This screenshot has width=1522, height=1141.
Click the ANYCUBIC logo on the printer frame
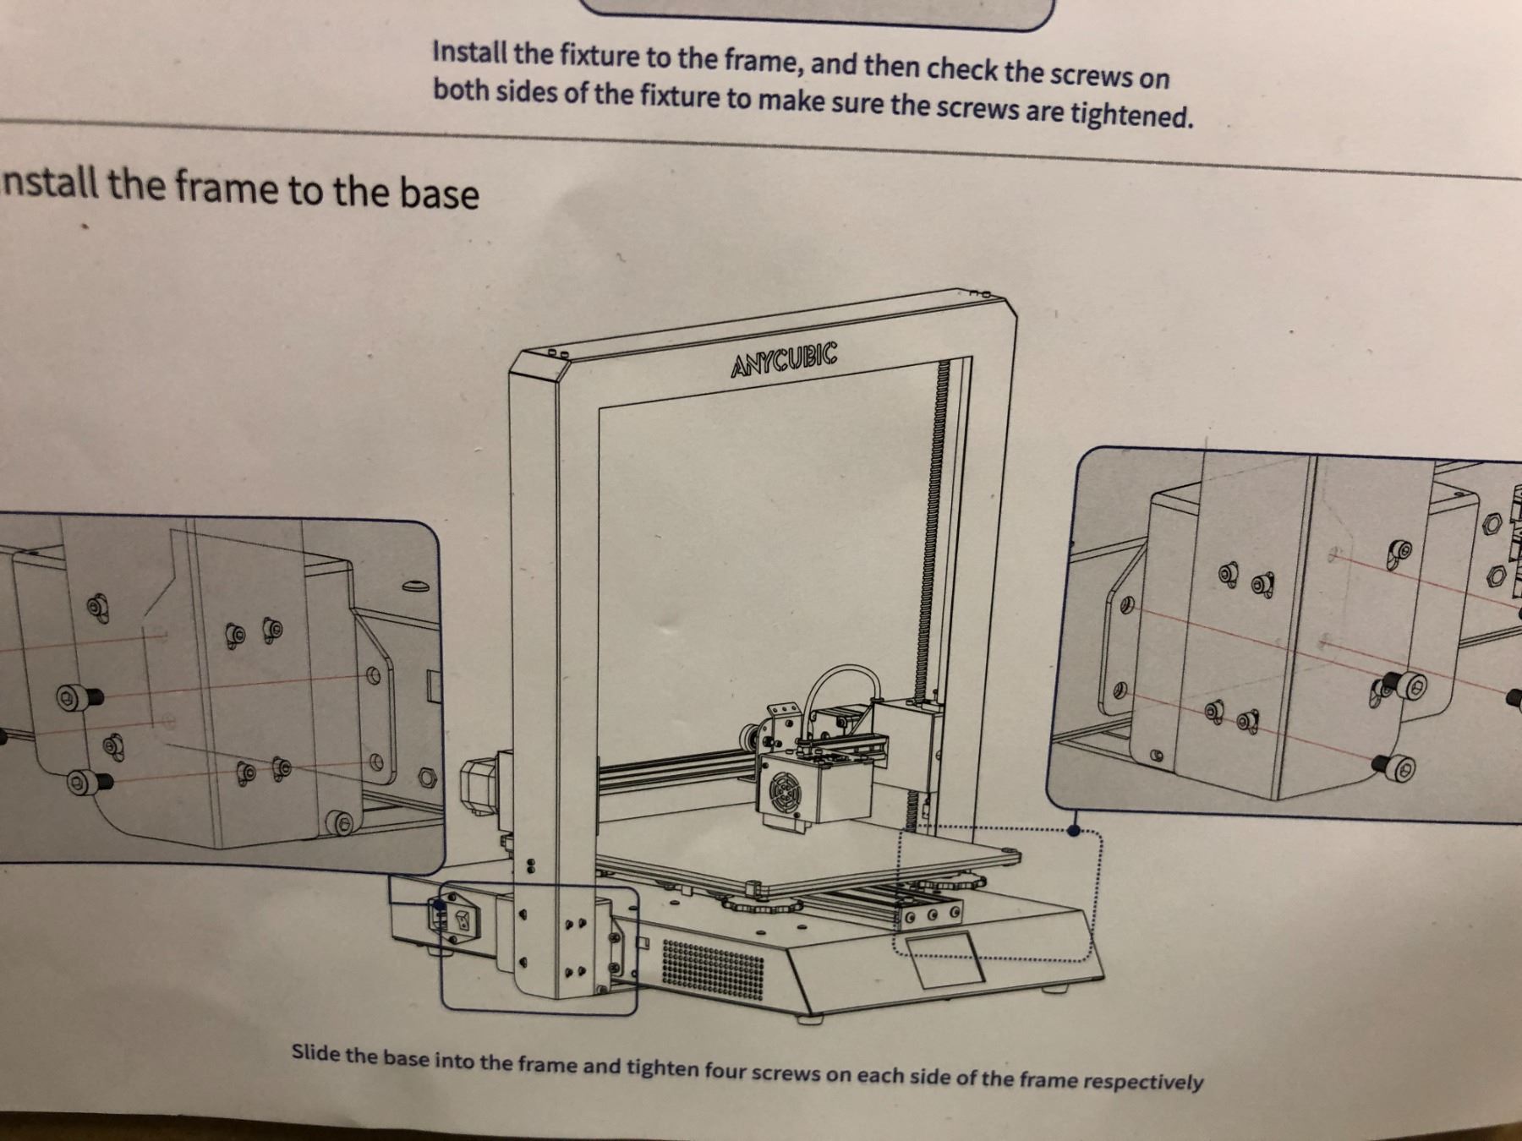pos(784,361)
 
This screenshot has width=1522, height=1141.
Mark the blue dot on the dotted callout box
pos(1073,831)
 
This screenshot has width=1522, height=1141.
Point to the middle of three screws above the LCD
pos(932,914)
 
